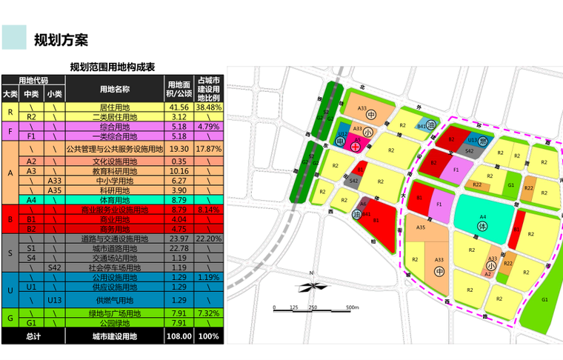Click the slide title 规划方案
(x=61, y=39)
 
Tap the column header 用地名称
(x=115, y=89)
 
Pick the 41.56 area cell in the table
(x=180, y=107)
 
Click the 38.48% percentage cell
(x=209, y=107)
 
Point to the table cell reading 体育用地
(x=115, y=200)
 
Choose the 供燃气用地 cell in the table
(x=115, y=301)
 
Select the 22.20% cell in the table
(x=209, y=239)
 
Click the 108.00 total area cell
(x=180, y=336)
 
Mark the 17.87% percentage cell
(x=209, y=149)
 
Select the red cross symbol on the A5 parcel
(x=356, y=147)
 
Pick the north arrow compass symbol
(x=313, y=285)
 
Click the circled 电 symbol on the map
(x=341, y=141)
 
